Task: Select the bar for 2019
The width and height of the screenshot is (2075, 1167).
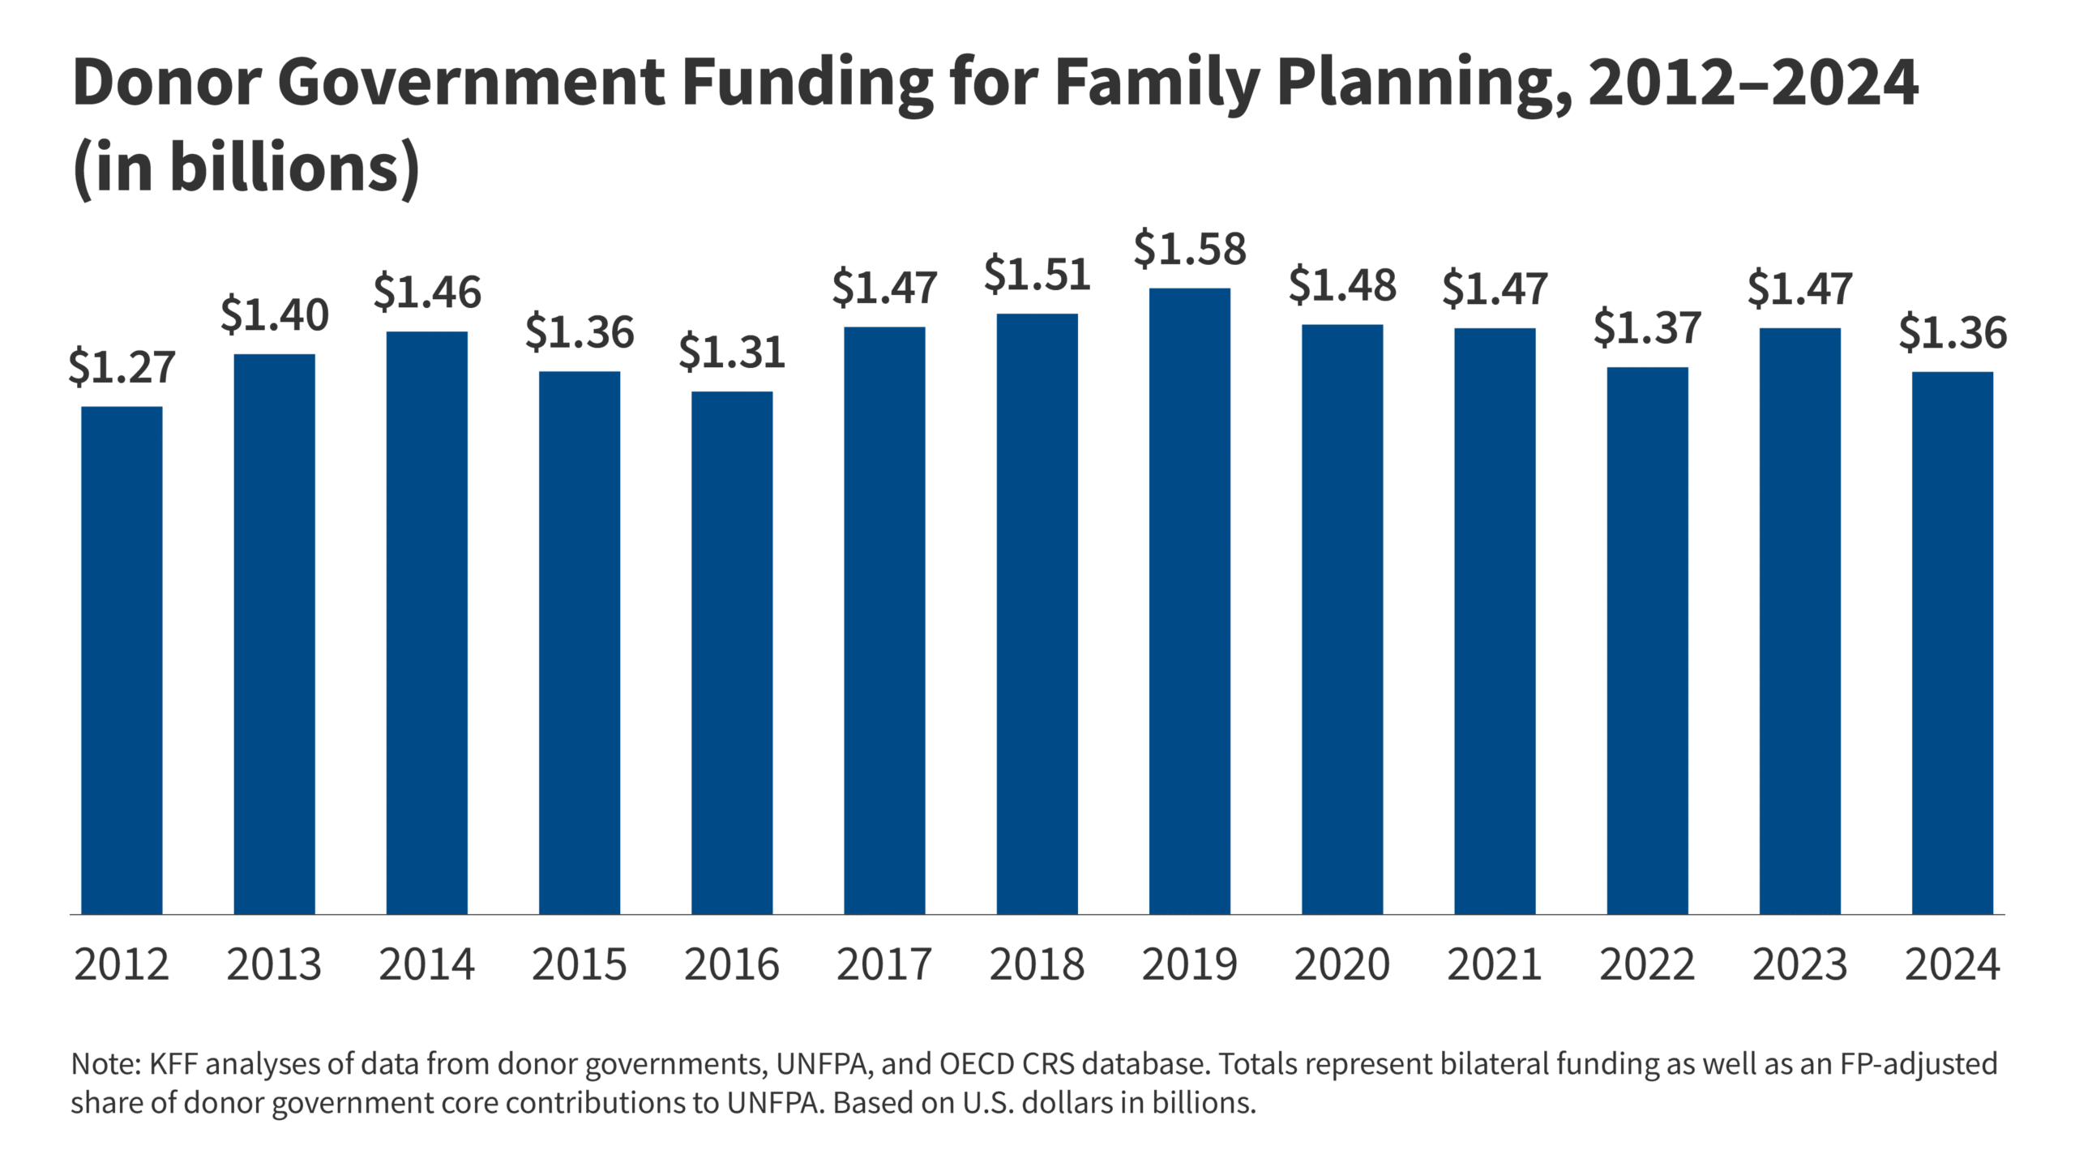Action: (x=1189, y=601)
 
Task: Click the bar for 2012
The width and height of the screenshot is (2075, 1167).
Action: (x=122, y=660)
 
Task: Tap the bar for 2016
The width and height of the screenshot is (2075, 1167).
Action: (x=732, y=652)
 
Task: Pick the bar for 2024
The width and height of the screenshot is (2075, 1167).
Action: (x=1952, y=643)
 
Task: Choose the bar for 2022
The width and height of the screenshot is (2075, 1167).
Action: (x=1647, y=640)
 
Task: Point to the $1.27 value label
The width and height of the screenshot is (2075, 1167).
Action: (x=122, y=366)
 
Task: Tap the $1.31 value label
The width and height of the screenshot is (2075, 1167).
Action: (x=732, y=352)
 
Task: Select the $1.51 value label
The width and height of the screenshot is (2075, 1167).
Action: (x=1037, y=274)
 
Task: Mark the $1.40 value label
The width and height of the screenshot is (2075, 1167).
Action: (x=274, y=314)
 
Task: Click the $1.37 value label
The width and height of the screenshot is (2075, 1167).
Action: (x=1647, y=327)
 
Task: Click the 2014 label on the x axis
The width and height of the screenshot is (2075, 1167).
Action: (x=426, y=964)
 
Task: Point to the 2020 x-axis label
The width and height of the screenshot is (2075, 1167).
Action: (x=1341, y=964)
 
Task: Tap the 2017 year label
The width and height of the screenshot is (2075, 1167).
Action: (x=884, y=964)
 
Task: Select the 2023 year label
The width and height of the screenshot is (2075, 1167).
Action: (x=1799, y=964)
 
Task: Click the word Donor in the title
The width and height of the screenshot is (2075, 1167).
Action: (x=166, y=83)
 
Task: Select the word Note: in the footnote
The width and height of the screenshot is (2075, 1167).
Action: (x=106, y=1063)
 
